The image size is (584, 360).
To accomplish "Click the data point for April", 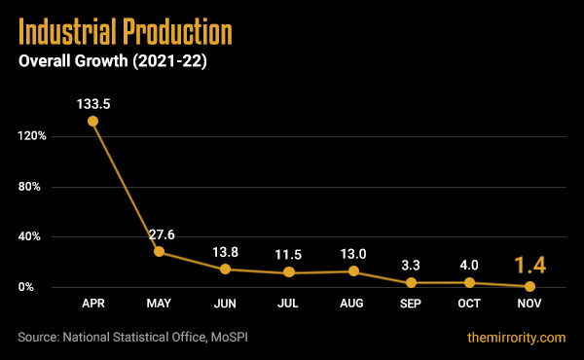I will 92,122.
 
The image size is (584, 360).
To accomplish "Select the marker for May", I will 160,252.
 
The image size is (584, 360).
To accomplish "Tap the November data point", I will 529,286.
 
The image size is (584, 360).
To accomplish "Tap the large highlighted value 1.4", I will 529,264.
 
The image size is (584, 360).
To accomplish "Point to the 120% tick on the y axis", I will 31,136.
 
